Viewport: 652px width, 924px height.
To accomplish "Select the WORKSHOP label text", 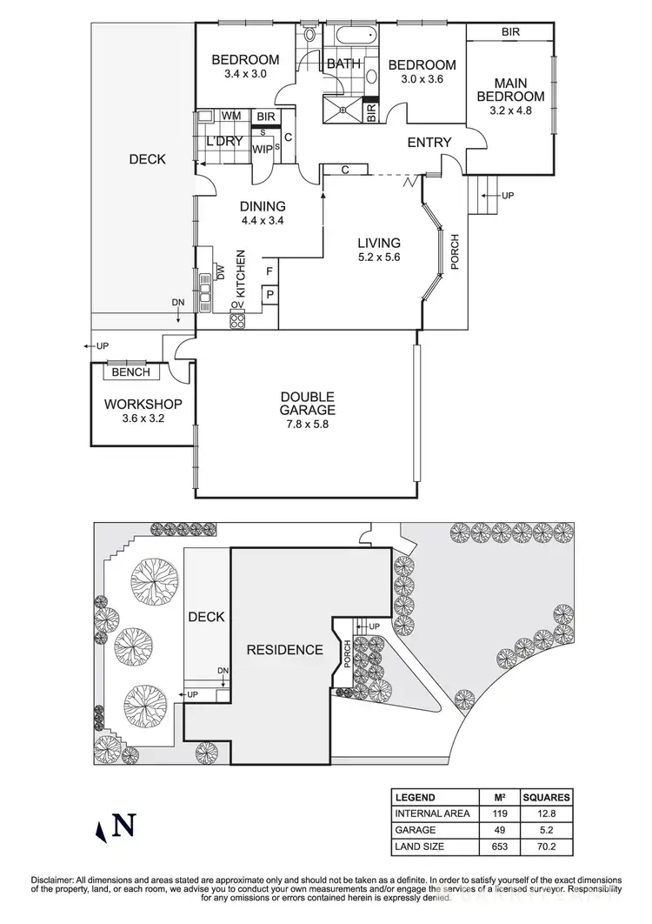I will pyautogui.click(x=143, y=405).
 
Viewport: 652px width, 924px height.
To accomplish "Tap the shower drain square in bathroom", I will pyautogui.click(x=344, y=110).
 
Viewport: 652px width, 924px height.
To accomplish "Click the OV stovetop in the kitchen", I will pyautogui.click(x=236, y=319).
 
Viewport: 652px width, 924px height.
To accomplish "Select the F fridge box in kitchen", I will pyautogui.click(x=269, y=271).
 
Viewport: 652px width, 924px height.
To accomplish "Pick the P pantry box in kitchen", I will pyautogui.click(x=269, y=296).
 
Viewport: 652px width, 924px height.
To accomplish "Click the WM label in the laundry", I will pyautogui.click(x=231, y=116).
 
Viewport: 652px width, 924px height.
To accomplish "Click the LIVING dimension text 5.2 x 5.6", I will pyautogui.click(x=377, y=258).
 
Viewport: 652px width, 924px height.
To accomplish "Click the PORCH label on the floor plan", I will pyautogui.click(x=454, y=251).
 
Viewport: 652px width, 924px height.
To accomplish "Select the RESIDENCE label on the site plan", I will pyautogui.click(x=284, y=650).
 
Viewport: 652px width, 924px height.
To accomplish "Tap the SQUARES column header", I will pyautogui.click(x=546, y=797).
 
